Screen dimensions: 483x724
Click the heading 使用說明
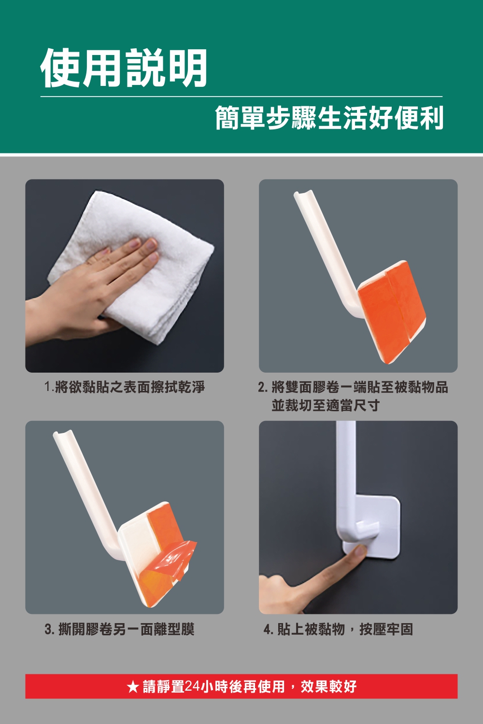[x=124, y=68]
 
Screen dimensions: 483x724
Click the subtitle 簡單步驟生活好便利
[x=329, y=118]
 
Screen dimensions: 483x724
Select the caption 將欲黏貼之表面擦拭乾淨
[x=130, y=387]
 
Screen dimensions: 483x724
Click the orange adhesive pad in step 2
[x=391, y=312]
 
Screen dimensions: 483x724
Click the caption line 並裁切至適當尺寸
[x=326, y=405]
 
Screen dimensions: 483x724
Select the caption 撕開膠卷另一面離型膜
[x=127, y=629]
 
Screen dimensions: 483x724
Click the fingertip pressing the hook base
[x=360, y=550]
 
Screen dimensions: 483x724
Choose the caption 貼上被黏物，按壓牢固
[x=345, y=629]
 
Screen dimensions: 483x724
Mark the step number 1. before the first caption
[x=49, y=387]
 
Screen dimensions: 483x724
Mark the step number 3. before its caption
[x=49, y=629]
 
